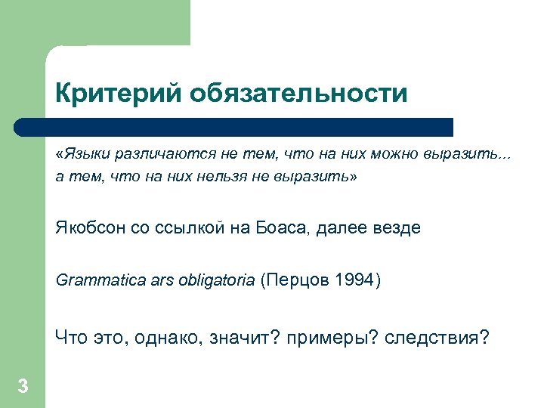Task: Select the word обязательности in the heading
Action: pos(298,94)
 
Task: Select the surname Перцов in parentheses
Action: pos(300,282)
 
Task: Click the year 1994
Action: pos(354,282)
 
